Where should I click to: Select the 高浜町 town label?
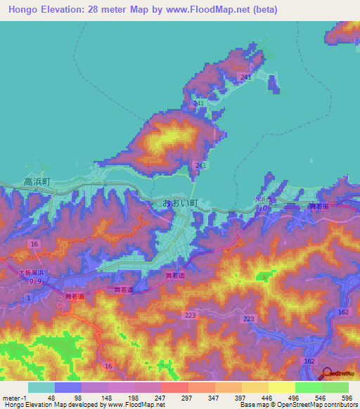pyautogui.click(x=37, y=181)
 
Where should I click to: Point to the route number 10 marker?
pyautogui.click(x=263, y=209)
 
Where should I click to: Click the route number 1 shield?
pyautogui.click(x=28, y=299)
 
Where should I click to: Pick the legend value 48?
pyautogui.click(x=50, y=398)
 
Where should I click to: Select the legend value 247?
pyautogui.click(x=160, y=398)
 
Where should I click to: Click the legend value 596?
pyautogui.click(x=347, y=398)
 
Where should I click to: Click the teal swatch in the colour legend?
pyautogui.click(x=41, y=387)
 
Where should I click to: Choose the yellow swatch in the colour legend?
pyautogui.click(x=281, y=387)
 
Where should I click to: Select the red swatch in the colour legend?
pyautogui.click(x=174, y=387)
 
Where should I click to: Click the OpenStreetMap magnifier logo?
pyautogui.click(x=326, y=375)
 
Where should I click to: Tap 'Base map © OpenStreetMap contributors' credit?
pyautogui.click(x=296, y=405)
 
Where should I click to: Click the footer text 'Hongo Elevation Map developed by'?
pyautogui.click(x=53, y=405)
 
